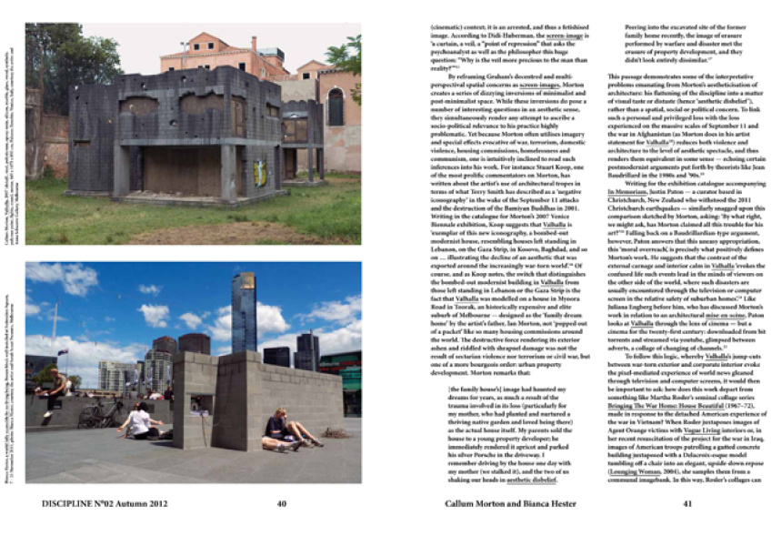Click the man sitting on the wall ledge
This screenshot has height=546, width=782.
click(58, 392)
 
